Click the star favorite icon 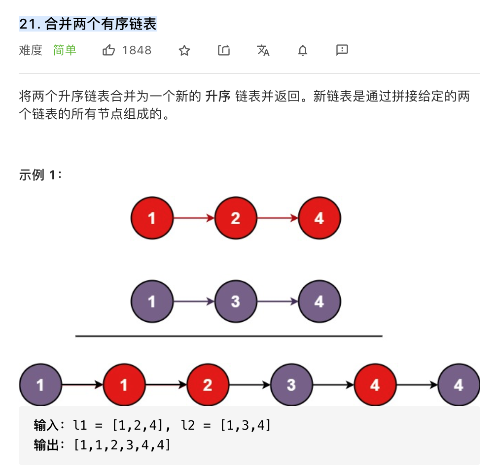coord(184,50)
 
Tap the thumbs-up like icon coord(108,50)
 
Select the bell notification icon coord(303,50)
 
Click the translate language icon coord(263,50)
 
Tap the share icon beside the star coord(224,50)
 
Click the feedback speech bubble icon coord(342,50)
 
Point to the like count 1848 coord(137,50)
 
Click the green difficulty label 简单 coord(65,50)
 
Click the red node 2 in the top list coord(236,218)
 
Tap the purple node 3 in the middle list coord(236,301)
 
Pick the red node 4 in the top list coord(319,218)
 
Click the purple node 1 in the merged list coord(40,384)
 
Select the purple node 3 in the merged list coord(291,384)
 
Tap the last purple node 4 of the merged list coord(459,384)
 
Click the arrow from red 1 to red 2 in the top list coord(194,218)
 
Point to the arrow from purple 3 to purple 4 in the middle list coord(278,301)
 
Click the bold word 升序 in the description coord(217,97)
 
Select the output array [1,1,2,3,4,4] coord(122,445)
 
